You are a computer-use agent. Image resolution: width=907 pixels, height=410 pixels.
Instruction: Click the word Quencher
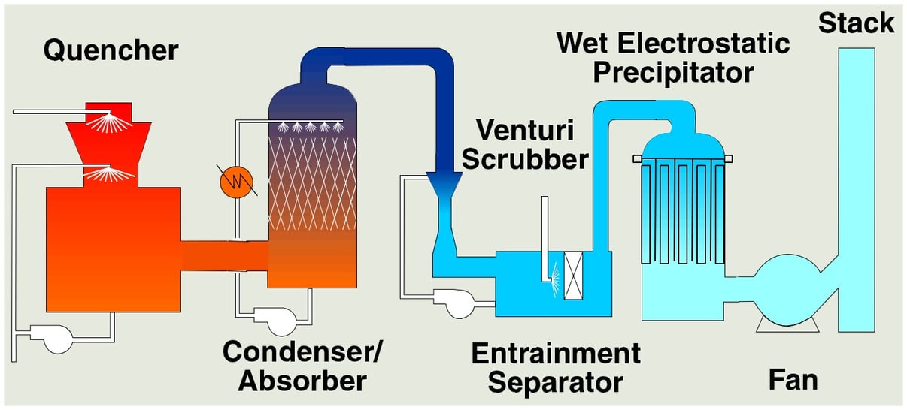[x=111, y=50]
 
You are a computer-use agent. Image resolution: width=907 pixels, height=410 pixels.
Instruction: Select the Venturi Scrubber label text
[x=535, y=145]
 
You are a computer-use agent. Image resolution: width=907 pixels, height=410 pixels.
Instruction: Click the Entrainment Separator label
[x=555, y=367]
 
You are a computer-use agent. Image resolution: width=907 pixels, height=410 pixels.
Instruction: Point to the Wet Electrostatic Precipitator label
[x=672, y=57]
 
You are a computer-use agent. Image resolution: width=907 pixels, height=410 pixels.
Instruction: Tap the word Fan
[x=793, y=379]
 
